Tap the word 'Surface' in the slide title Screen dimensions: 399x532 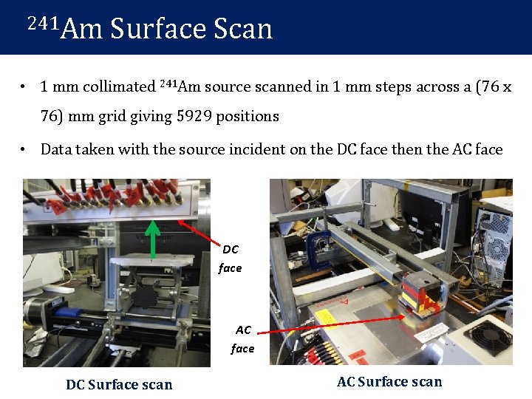click(157, 29)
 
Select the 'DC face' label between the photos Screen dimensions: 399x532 click(231, 259)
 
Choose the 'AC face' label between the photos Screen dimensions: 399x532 click(242, 339)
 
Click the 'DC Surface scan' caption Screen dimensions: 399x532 click(119, 384)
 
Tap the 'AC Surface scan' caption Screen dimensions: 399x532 click(389, 382)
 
